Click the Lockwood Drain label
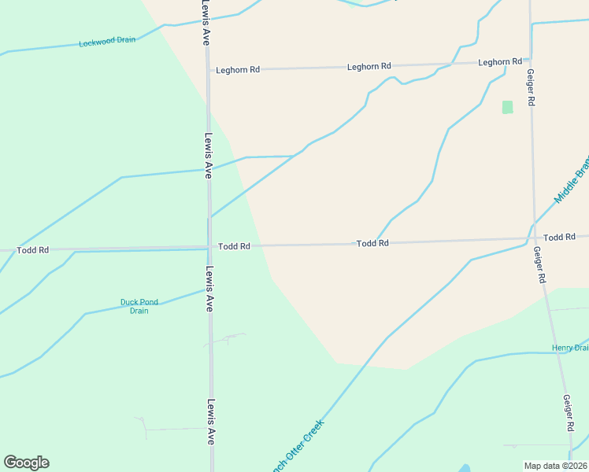click(x=107, y=41)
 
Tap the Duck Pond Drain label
click(x=139, y=306)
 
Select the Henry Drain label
click(x=570, y=348)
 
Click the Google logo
click(x=26, y=462)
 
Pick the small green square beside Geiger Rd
click(x=507, y=107)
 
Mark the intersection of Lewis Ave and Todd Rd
click(x=209, y=246)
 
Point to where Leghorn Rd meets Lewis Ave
click(x=209, y=70)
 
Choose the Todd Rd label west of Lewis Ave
click(x=33, y=250)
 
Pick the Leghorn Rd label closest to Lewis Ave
click(x=239, y=70)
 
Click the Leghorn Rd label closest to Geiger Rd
click(x=500, y=61)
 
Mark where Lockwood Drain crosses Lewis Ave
click(x=207, y=22)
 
